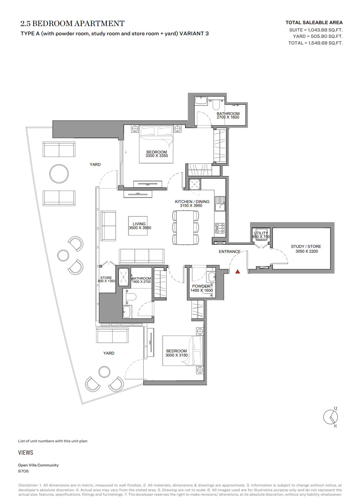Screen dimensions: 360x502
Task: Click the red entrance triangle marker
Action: [238, 272]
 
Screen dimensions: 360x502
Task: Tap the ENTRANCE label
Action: [230, 252]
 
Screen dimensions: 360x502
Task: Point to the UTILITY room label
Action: [261, 233]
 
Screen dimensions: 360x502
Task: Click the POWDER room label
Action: [201, 286]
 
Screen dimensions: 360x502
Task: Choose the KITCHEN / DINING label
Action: [192, 202]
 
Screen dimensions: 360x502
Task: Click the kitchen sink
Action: [220, 204]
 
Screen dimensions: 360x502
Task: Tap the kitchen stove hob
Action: [220, 228]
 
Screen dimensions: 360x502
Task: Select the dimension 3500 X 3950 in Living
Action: [140, 228]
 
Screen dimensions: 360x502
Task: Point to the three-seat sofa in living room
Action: [142, 256]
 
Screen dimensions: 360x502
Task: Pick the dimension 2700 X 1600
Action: [228, 117]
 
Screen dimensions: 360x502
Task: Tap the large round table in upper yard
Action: [59, 174]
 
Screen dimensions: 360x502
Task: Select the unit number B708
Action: [23, 471]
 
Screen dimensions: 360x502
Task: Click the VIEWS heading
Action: [25, 452]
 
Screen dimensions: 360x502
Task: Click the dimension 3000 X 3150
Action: [177, 355]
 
